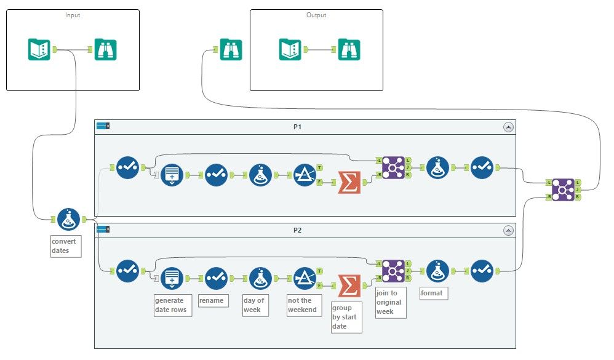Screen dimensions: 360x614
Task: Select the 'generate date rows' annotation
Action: tap(172, 305)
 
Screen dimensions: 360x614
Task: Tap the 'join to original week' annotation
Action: tap(391, 302)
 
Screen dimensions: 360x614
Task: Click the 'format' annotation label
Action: tap(433, 294)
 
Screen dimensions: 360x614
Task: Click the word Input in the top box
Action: tap(73, 15)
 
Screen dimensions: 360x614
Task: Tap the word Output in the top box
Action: tap(316, 15)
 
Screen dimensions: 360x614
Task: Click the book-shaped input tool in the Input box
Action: tap(39, 49)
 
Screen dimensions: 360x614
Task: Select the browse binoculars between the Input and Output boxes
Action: tap(231, 49)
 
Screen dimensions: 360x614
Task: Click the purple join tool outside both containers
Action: tap(563, 190)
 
